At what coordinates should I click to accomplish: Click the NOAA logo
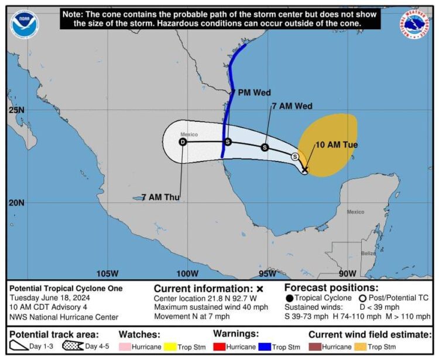24,25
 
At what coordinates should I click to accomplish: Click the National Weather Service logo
415,25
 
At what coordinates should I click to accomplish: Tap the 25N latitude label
17,110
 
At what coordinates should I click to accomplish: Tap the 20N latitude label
17,203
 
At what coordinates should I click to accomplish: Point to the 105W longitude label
107,273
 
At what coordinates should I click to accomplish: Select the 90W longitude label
347,273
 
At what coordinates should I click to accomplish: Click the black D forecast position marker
183,142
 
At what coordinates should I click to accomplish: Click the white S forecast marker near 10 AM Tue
295,156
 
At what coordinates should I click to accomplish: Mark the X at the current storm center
305,169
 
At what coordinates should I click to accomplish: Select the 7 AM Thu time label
160,197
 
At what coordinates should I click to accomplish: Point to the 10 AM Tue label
337,145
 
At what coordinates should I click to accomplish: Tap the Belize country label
368,253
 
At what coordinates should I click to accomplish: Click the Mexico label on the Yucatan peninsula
355,212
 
